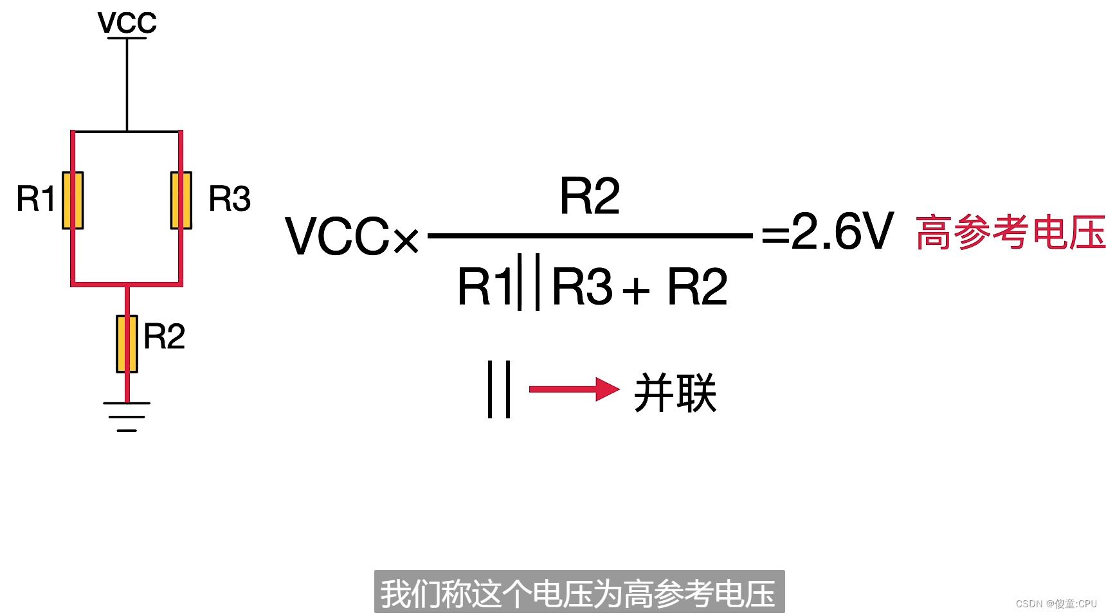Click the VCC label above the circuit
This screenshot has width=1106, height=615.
click(x=127, y=22)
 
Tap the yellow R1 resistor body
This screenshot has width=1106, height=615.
click(x=73, y=200)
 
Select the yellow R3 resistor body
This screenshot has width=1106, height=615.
click(x=181, y=200)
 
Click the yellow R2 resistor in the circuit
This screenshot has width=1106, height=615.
click(x=127, y=343)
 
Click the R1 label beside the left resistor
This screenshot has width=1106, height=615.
click(x=35, y=199)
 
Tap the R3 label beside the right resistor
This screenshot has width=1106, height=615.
click(x=230, y=199)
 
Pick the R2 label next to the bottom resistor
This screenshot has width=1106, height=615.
click(x=165, y=336)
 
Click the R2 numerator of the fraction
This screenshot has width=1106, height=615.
click(x=590, y=197)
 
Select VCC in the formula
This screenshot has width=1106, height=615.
click(x=338, y=236)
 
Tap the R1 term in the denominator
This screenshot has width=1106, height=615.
click(x=484, y=287)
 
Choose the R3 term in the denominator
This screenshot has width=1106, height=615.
click(x=582, y=287)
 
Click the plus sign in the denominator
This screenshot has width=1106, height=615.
click(x=636, y=290)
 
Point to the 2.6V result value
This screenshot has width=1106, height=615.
click(x=842, y=231)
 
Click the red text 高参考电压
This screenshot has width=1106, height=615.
click(x=1010, y=232)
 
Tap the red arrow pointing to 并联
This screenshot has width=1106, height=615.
click(x=574, y=389)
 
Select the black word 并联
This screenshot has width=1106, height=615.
click(x=675, y=393)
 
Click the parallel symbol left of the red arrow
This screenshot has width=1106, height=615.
click(x=499, y=389)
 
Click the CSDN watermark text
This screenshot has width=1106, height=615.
click(x=1056, y=603)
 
